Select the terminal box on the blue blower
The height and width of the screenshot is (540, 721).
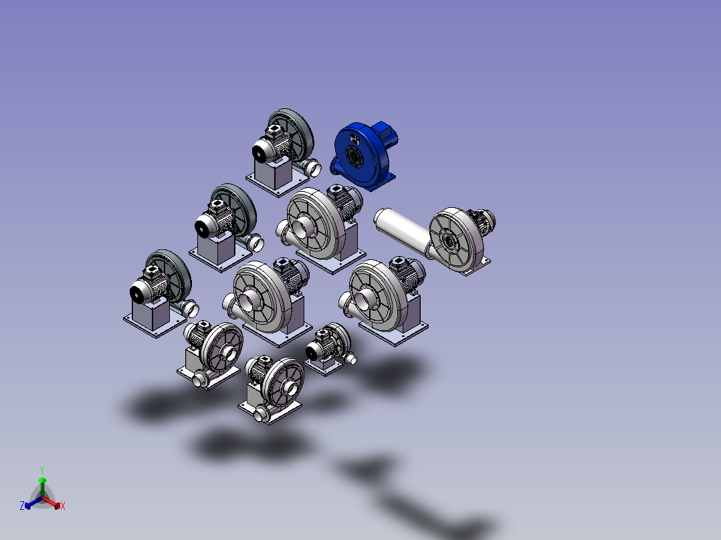(385, 130)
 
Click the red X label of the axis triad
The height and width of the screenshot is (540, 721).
(63, 506)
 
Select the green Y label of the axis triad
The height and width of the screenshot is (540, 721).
(42, 470)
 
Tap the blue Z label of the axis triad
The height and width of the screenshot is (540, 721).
(21, 506)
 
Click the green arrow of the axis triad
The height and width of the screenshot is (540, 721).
(42, 487)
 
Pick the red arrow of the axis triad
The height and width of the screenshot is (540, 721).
(51, 502)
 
